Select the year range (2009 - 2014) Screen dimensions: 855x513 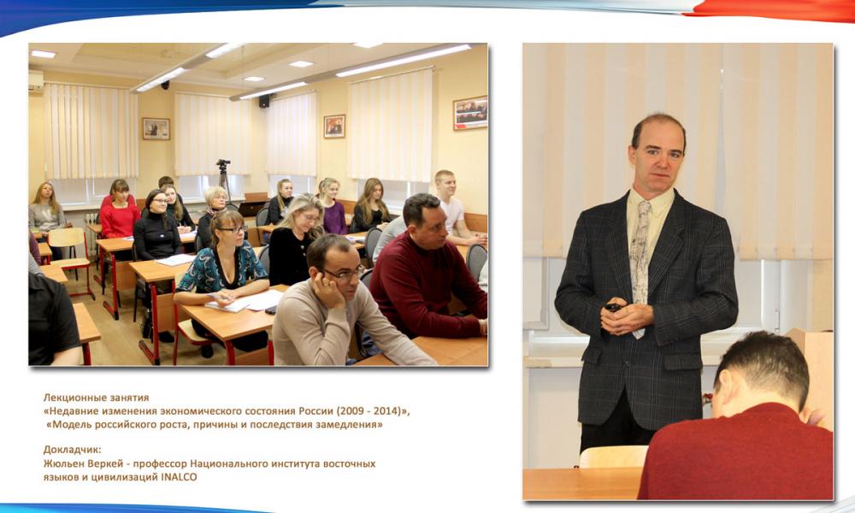(369, 411)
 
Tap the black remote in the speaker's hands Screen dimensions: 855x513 (613, 308)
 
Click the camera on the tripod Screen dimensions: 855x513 (223, 163)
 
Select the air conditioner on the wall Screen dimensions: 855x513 (35, 80)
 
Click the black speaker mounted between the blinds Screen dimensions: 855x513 (264, 101)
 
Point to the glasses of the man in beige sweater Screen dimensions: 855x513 (344, 274)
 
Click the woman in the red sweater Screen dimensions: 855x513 (119, 211)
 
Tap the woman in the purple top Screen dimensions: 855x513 (333, 206)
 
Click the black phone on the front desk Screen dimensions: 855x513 (270, 310)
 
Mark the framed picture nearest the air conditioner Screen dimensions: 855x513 (156, 128)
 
